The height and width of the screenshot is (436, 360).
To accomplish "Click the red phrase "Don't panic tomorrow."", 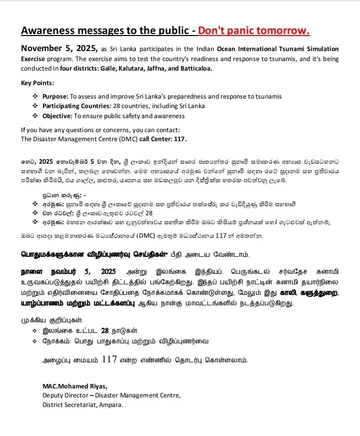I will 254,31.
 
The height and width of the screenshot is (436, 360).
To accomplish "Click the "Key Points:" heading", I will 37,83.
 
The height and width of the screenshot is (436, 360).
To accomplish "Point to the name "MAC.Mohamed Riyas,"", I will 74,386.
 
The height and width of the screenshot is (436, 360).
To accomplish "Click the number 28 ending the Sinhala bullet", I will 148,213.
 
